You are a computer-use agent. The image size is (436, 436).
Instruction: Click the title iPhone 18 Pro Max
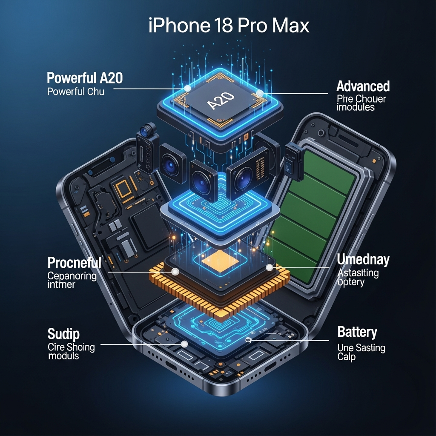(229, 26)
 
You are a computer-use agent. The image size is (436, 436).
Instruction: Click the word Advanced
(363, 86)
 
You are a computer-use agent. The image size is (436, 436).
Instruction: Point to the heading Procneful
(74, 262)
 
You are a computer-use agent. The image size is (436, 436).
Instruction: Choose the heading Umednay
(363, 260)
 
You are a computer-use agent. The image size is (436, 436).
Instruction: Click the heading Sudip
(63, 334)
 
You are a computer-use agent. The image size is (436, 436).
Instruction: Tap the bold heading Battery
(357, 332)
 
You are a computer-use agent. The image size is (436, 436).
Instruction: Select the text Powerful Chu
(75, 92)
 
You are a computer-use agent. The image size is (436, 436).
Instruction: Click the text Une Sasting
(361, 348)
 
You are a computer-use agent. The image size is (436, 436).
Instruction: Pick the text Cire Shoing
(71, 347)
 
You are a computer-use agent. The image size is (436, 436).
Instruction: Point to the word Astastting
(358, 273)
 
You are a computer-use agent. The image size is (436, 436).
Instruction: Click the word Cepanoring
(72, 275)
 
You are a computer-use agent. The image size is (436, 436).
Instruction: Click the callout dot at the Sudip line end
(184, 344)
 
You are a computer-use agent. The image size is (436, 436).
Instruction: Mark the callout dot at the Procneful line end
(175, 271)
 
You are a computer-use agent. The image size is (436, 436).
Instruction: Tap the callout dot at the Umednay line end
(269, 267)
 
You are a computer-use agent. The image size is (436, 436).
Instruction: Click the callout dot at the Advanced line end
(259, 92)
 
